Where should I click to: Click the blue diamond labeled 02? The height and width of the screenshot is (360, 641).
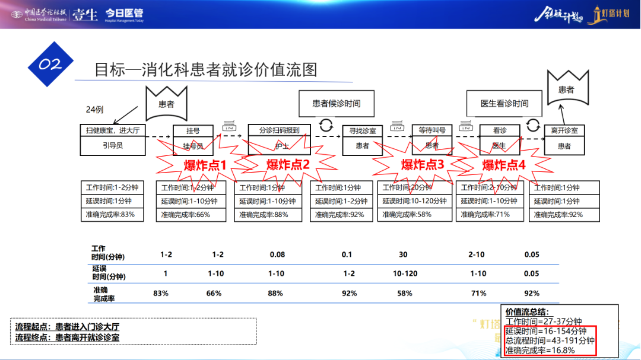(50, 65)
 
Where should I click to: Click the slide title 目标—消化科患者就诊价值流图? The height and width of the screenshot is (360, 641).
(206, 70)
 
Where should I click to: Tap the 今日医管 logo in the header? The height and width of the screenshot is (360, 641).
(123, 14)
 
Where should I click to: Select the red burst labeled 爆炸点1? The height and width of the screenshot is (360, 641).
(205, 165)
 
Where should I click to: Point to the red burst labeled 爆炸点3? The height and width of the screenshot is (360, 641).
(423, 165)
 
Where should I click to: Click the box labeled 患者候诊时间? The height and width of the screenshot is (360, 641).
(337, 103)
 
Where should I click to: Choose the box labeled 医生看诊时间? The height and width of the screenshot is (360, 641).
(504, 103)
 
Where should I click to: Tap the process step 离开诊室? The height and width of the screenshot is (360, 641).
(564, 130)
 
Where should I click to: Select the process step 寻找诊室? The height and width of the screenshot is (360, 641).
(362, 130)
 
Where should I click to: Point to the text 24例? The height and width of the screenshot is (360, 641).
(95, 110)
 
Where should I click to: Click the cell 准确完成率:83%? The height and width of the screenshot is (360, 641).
(112, 214)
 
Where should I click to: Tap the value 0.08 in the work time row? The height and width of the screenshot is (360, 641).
(277, 255)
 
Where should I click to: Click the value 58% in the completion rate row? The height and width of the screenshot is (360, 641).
(405, 293)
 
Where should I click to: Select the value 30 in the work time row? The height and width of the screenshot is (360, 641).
(403, 255)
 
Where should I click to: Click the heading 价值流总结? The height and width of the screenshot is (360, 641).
(527, 311)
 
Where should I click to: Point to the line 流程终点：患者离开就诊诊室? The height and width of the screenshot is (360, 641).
(68, 337)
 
